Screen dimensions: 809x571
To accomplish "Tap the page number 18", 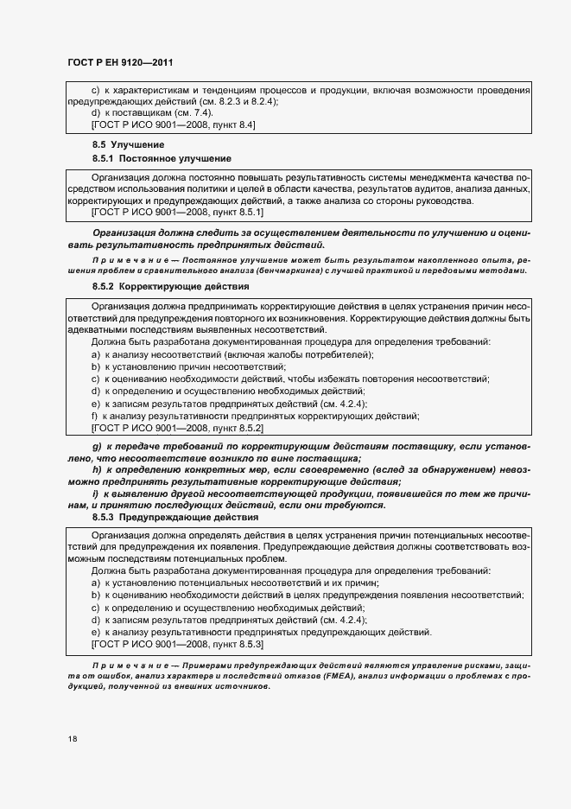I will click(x=73, y=740).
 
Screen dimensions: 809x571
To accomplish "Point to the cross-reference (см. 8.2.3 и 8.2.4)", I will click(x=232, y=102).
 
